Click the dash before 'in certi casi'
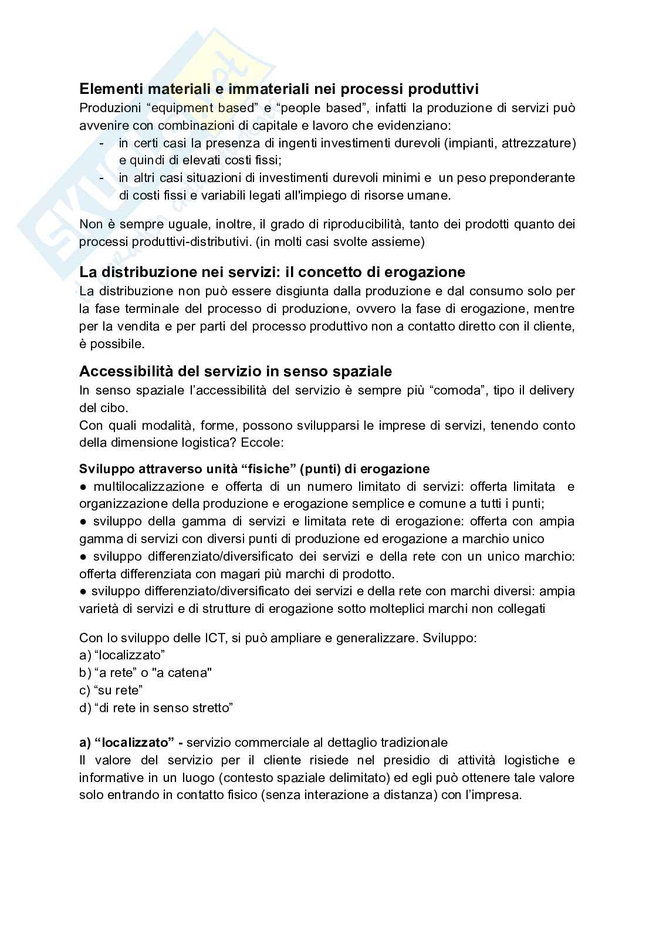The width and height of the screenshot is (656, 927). [x=103, y=143]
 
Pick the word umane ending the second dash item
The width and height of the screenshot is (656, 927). [x=433, y=195]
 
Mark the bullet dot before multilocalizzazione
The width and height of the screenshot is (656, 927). [x=83, y=487]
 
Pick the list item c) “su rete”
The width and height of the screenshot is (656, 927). [x=111, y=690]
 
